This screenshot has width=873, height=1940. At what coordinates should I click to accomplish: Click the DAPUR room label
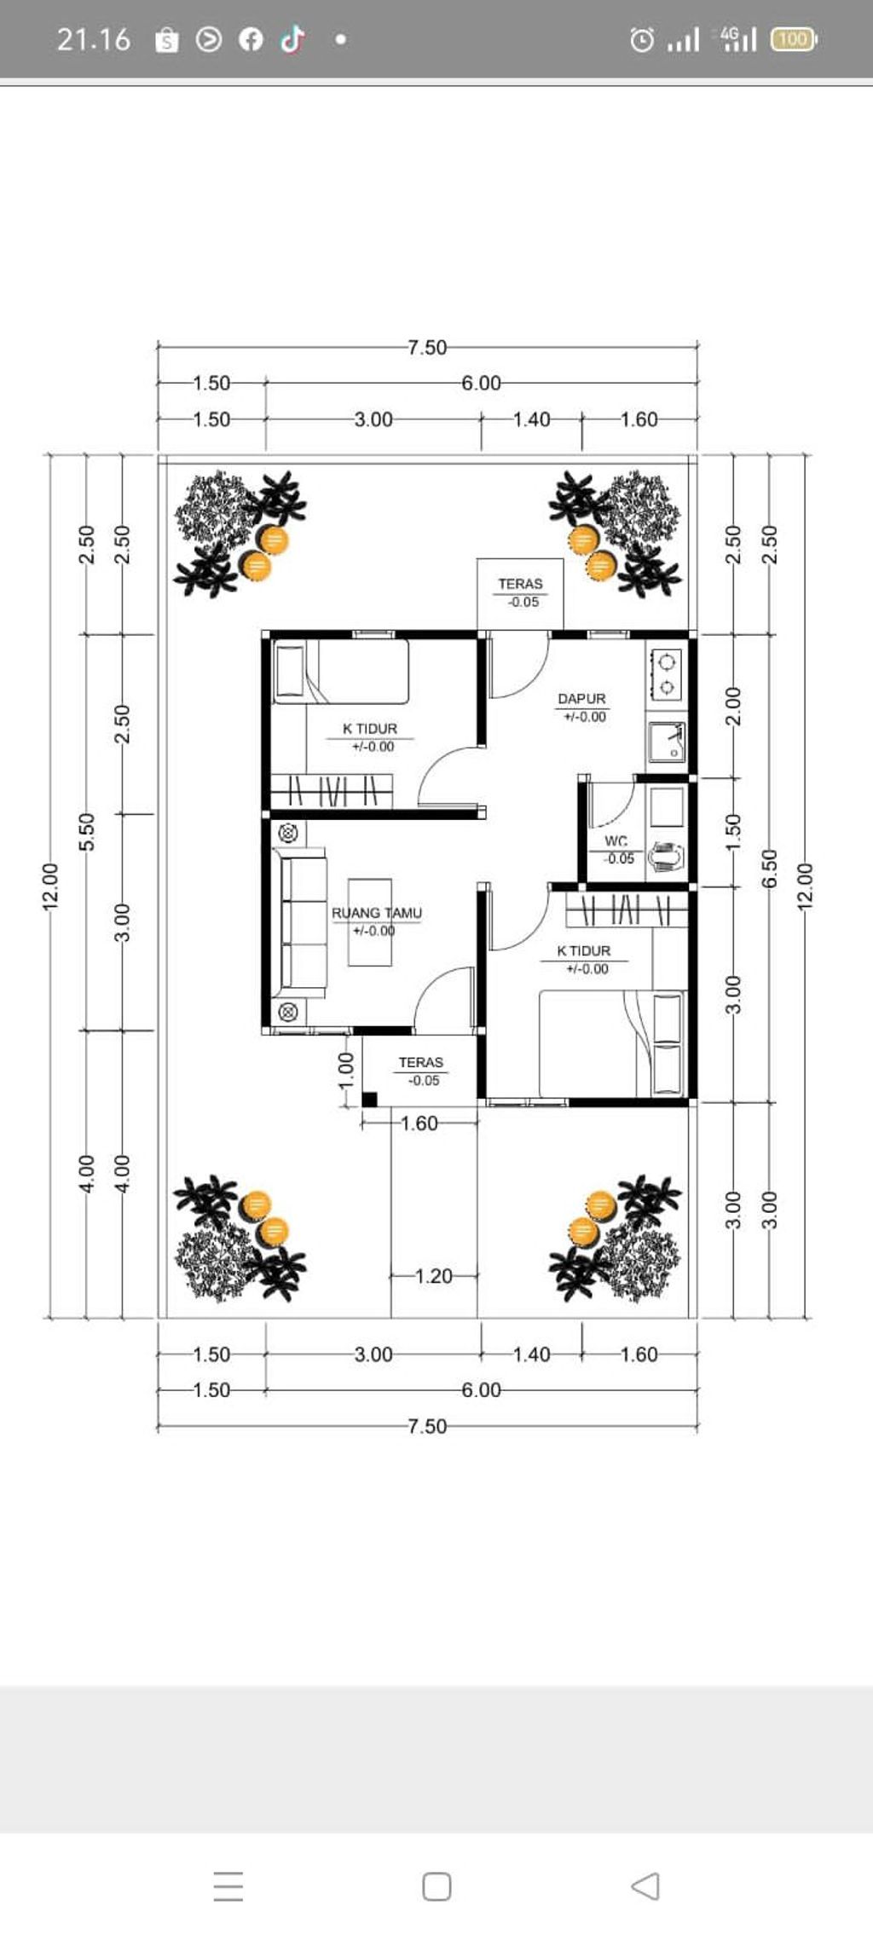pos(581,699)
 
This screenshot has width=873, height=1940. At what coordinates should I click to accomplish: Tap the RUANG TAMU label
pos(377,913)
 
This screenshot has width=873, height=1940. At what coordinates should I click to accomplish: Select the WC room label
pos(616,841)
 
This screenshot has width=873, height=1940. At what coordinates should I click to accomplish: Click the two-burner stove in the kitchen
pos(667,674)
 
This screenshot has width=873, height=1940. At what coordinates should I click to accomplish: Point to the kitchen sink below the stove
pos(667,741)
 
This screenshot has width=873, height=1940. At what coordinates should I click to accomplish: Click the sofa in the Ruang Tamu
pos(300,922)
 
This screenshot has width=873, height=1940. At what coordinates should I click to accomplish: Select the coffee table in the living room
pos(370,922)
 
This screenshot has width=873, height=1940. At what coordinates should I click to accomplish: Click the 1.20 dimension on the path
pos(434,1276)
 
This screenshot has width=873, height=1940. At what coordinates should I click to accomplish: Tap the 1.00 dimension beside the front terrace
pos(345,1070)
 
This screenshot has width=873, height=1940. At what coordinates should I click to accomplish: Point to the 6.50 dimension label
pos(769,868)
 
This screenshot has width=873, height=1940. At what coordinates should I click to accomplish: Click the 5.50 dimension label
pos(86,831)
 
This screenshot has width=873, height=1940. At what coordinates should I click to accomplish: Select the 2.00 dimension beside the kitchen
pos(733,707)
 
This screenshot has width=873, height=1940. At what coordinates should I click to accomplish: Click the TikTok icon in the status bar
pos(292,39)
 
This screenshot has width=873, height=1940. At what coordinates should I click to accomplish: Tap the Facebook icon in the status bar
pos(251,39)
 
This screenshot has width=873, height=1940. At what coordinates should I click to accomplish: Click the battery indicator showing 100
pos(794,39)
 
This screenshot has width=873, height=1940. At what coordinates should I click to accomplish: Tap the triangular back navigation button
pos(645,1885)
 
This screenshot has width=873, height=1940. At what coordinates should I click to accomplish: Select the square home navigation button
pos(436,1886)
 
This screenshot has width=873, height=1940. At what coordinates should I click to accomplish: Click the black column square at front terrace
pos(369,1099)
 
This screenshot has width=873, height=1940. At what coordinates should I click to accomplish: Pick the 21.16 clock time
pos(94,39)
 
